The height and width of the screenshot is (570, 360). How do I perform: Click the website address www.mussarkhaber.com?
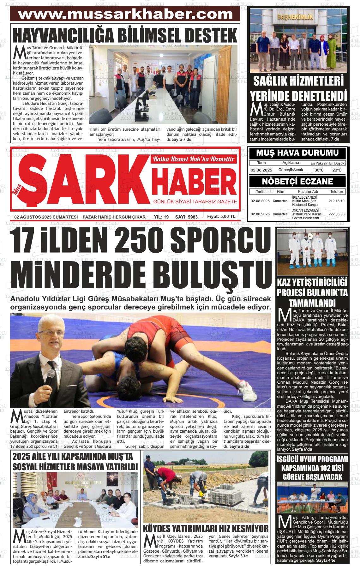click(x=126, y=14)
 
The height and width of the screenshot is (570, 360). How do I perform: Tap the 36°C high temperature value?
click(x=319, y=170)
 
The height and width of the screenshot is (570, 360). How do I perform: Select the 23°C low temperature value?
click(x=337, y=170)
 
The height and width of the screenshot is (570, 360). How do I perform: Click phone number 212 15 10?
click(x=336, y=201)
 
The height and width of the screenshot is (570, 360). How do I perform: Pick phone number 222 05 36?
click(x=336, y=214)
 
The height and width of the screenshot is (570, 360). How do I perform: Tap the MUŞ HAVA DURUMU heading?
click(x=297, y=153)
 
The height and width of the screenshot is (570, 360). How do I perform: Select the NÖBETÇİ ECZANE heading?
click(x=297, y=182)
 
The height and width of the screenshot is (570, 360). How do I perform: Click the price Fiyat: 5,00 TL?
click(x=221, y=217)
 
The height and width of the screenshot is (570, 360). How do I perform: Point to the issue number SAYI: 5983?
click(x=186, y=217)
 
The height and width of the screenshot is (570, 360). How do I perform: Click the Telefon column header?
click(x=336, y=192)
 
